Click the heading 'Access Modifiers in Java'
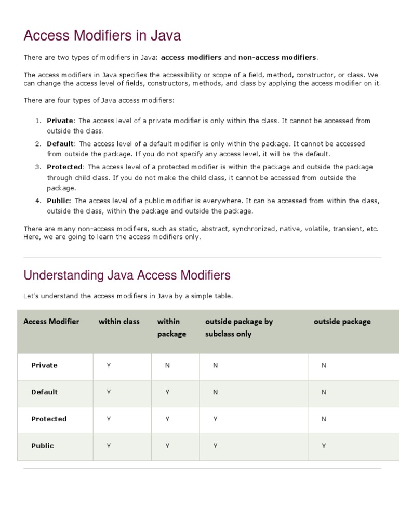pos(102,36)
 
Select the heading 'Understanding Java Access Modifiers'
pos(127,275)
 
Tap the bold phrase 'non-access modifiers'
pos(277,57)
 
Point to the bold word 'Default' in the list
pos(61,144)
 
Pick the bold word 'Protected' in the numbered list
pos(64,167)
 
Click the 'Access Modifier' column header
pos(51,322)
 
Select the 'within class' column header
pos(119,322)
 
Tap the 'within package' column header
pos(171,328)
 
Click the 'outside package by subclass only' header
pos(238,328)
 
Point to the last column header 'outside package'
pos(342,322)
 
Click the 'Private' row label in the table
pos(44,365)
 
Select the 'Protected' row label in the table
pos(49,419)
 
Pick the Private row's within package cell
pos(167,366)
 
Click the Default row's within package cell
pos(167,392)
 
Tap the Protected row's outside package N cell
pos(324,419)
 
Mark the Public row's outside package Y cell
pos(324,446)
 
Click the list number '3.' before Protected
pos(38,167)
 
